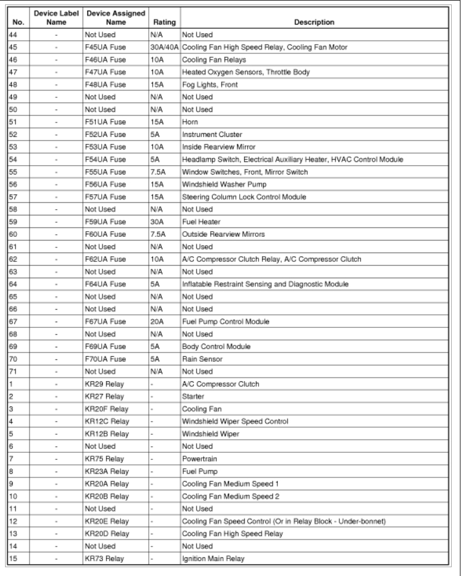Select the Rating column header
click(x=164, y=22)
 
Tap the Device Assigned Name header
click(x=115, y=18)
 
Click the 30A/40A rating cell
click(x=164, y=47)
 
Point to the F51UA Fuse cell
click(x=105, y=122)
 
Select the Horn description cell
click(x=190, y=122)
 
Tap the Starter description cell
click(x=193, y=396)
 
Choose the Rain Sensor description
click(x=202, y=359)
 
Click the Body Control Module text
click(x=216, y=346)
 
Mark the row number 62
click(x=13, y=259)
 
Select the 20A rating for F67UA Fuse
click(x=157, y=322)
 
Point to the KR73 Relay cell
click(x=104, y=558)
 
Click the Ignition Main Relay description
click(x=213, y=558)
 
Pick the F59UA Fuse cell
click(x=105, y=222)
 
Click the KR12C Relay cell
click(x=107, y=421)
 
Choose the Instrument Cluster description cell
click(x=211, y=134)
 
